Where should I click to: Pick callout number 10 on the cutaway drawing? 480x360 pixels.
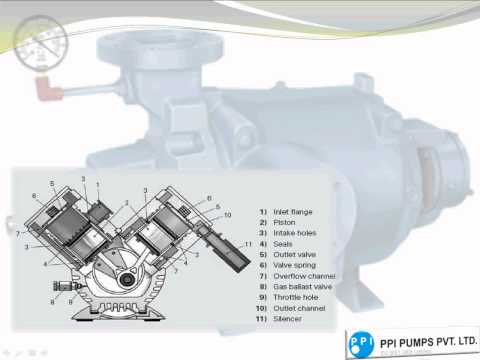point(228,213)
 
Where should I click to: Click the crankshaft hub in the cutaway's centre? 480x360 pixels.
point(127,279)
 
